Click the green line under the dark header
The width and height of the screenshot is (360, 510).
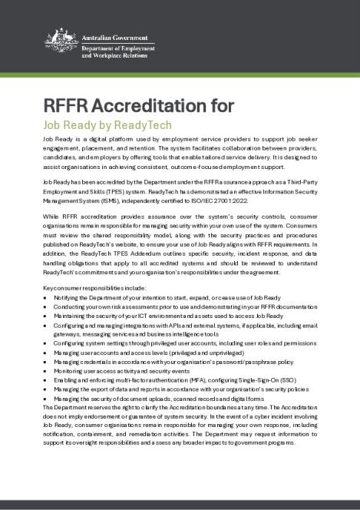(180, 78)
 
